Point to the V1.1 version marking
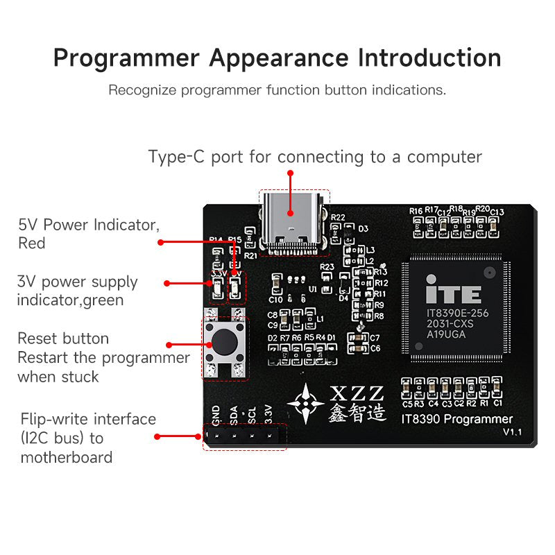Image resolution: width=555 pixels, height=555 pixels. click(513, 432)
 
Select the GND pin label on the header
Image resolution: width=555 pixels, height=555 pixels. click(216, 415)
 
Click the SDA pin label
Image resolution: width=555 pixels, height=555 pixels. click(234, 415)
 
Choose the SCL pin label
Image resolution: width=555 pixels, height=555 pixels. click(252, 415)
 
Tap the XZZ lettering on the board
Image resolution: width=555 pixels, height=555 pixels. click(358, 392)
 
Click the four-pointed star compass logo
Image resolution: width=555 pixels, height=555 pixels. click(306, 402)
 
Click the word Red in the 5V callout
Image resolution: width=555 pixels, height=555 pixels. click(31, 244)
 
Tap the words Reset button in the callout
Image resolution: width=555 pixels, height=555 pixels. click(63, 339)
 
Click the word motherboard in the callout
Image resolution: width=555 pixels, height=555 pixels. click(67, 457)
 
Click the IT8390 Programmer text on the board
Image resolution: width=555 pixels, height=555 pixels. click(457, 418)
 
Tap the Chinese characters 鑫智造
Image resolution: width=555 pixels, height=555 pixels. click(357, 413)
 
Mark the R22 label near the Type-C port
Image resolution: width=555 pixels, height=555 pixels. click(338, 217)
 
